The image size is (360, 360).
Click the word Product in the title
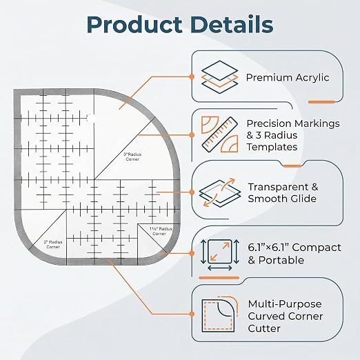click(134, 24)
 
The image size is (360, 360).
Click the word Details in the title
click(232, 24)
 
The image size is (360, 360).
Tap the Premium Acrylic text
click(288, 78)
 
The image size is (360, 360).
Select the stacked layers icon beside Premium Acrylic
click(219, 77)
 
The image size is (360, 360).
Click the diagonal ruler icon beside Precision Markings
click(219, 134)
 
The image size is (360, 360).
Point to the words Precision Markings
click(293, 123)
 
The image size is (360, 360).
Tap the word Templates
click(272, 147)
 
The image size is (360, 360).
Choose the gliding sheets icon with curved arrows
click(219, 192)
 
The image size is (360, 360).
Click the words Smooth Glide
click(282, 199)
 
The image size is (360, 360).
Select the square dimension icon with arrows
click(220, 254)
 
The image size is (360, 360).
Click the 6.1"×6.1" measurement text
click(268, 248)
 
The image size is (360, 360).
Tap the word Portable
click(281, 260)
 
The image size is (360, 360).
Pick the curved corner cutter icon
click(219, 314)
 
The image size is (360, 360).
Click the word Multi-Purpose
click(285, 304)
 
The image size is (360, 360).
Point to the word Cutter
click(264, 328)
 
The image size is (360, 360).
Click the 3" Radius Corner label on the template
click(132, 157)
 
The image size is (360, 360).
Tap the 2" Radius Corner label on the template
click(53, 245)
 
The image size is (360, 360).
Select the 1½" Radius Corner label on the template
click(161, 231)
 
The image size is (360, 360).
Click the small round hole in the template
click(92, 119)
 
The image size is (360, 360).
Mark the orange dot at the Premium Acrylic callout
click(192, 77)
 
